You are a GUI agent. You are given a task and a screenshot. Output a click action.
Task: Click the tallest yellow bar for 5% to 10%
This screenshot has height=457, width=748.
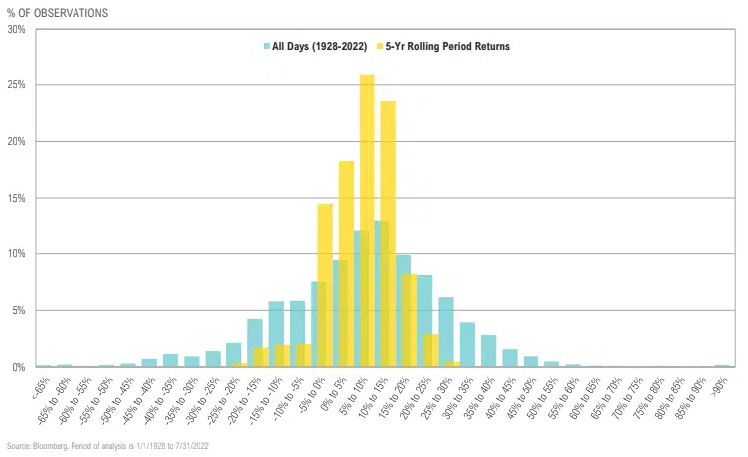click(x=367, y=219)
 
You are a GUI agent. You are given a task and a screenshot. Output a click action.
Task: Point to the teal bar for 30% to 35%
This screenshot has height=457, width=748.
click(x=467, y=345)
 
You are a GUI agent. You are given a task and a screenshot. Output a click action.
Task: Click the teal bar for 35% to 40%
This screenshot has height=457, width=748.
click(x=488, y=351)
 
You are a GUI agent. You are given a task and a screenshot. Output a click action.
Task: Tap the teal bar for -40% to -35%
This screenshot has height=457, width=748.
click(x=170, y=360)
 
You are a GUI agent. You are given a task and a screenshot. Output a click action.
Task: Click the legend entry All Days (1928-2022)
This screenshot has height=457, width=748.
click(x=315, y=46)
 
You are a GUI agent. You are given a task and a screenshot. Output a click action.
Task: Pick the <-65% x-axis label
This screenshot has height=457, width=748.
click(x=41, y=384)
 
